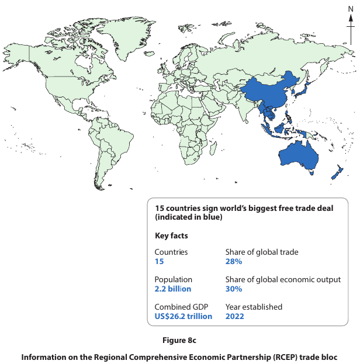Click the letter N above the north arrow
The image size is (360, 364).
[351, 9]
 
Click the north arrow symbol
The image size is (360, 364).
[351, 26]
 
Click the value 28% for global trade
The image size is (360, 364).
[234, 262]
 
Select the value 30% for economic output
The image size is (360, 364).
[234, 289]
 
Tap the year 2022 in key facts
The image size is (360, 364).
[235, 316]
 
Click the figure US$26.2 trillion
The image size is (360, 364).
[183, 316]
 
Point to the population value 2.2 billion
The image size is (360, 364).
[172, 289]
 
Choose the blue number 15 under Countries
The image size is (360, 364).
[159, 262]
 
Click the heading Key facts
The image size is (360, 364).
[171, 236]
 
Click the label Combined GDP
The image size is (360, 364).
[181, 307]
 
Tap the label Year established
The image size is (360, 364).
[254, 307]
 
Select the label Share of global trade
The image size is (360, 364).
[262, 252]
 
